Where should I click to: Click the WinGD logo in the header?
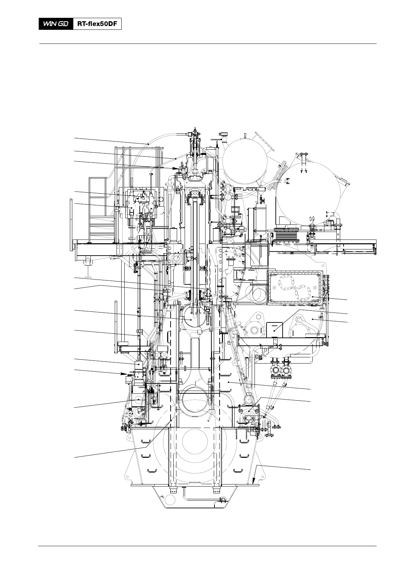(x=56, y=24)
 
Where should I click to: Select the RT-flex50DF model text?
(x=97, y=24)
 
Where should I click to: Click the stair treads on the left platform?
(x=101, y=226)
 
